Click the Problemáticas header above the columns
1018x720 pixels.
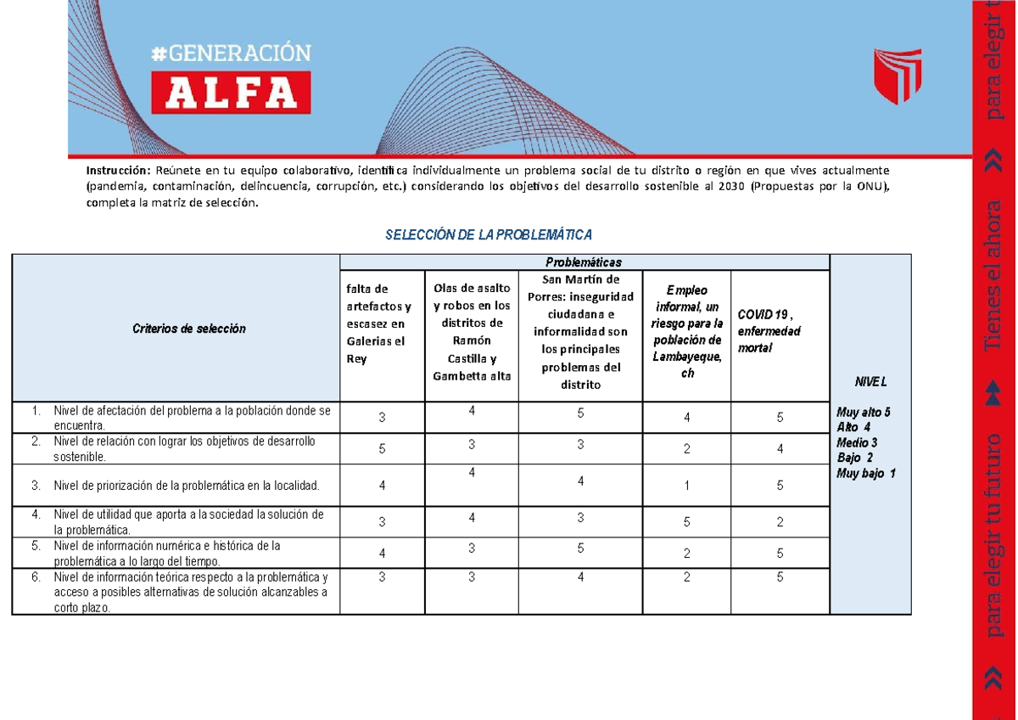[x=585, y=262]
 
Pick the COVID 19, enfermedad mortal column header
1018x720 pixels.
[x=769, y=331]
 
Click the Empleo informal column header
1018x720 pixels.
[x=687, y=331]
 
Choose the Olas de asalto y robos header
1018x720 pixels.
[x=472, y=332]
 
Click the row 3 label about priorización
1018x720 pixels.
[x=185, y=486]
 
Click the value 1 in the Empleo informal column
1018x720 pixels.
[x=687, y=487]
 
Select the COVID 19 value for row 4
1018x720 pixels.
[x=780, y=522]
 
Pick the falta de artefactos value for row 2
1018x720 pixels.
[x=382, y=451]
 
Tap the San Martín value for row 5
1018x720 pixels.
[x=580, y=548]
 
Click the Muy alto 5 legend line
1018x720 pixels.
[x=864, y=412]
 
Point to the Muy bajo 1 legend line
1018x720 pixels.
[x=865, y=473]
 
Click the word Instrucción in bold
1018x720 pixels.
[x=115, y=167]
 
